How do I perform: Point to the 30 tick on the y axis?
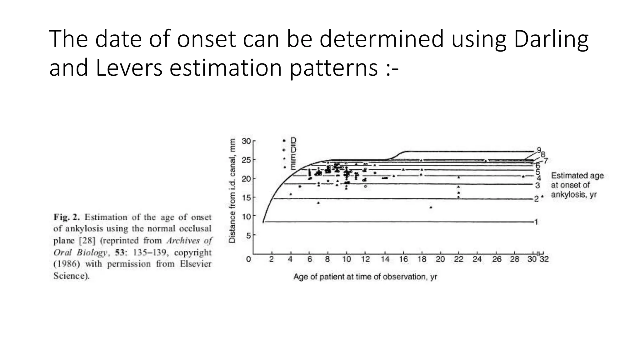(246, 141)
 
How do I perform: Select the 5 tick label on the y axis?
(248, 235)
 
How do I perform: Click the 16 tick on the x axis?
(403, 259)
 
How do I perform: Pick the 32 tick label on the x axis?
(544, 259)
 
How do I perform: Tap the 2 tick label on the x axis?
(272, 259)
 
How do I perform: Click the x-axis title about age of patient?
(365, 277)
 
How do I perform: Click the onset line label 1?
(536, 222)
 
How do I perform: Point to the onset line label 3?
(537, 185)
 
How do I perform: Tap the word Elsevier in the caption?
(196, 264)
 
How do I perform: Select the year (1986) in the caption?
(67, 264)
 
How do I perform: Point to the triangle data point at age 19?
(431, 207)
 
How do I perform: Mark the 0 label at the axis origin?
(248, 259)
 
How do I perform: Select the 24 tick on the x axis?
(477, 259)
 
